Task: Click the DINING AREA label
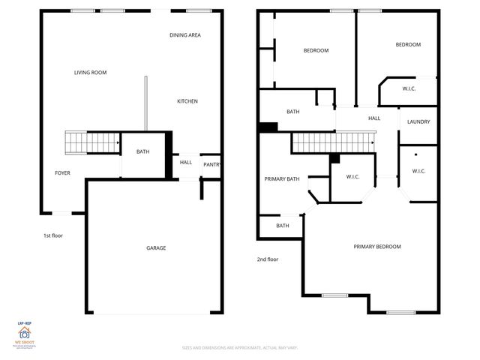click(184, 35)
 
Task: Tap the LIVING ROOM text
click(90, 73)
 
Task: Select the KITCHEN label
click(187, 101)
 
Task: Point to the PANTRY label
click(211, 165)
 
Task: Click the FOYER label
click(62, 173)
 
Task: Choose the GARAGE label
click(156, 248)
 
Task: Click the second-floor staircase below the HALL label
click(332, 140)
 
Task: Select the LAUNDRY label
click(418, 122)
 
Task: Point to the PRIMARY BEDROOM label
click(377, 247)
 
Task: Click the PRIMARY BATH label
click(282, 179)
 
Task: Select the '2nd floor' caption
click(268, 259)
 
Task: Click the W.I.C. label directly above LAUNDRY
click(409, 89)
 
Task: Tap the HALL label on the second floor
click(374, 118)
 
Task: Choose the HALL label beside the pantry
click(186, 162)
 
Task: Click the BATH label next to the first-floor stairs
click(142, 152)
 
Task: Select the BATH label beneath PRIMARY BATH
click(282, 226)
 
